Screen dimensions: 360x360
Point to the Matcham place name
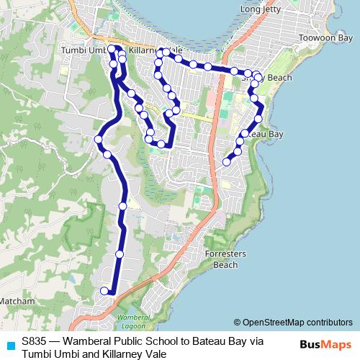tap(17, 300)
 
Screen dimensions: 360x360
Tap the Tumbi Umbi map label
tap(86, 50)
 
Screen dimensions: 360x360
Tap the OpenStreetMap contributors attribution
tap(297, 322)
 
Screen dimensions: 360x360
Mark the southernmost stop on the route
tap(104, 291)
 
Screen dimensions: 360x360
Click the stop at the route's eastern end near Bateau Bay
tap(227, 162)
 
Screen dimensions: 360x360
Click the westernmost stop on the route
tap(99, 139)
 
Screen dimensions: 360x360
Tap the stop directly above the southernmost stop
tap(120, 254)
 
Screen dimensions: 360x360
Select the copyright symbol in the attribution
tap(237, 322)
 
